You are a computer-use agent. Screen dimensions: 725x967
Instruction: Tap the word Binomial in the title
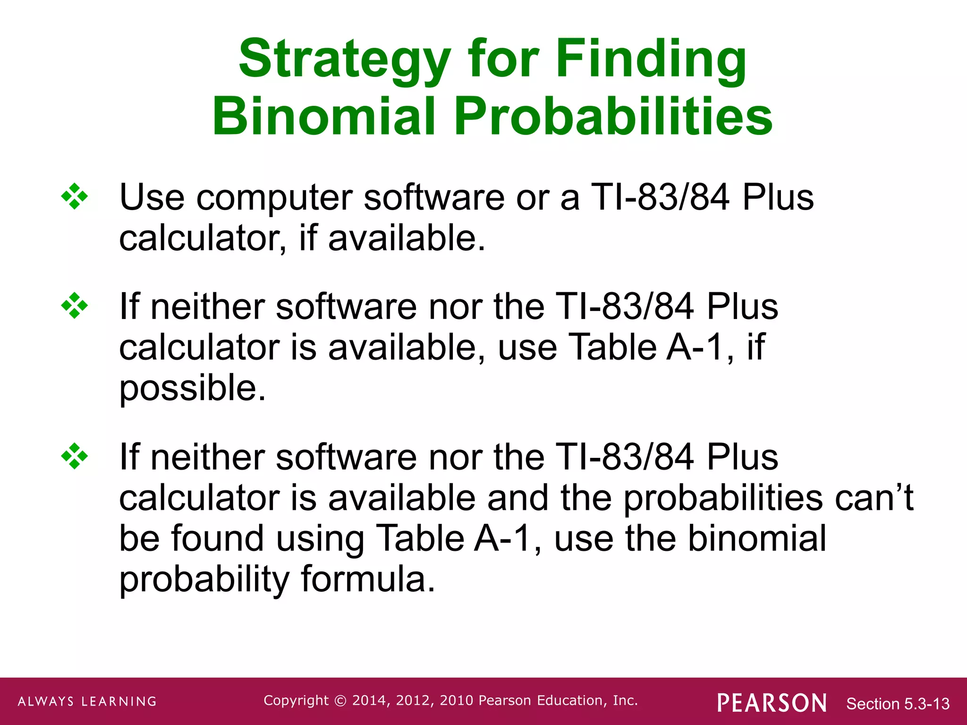click(323, 117)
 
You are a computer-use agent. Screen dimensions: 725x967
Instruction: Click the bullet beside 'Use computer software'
click(75, 196)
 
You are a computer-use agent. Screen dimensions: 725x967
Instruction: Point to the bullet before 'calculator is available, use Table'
click(75, 306)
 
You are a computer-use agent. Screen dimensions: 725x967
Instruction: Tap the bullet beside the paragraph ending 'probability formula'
click(75, 456)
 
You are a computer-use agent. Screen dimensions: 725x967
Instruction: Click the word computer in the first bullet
click(274, 197)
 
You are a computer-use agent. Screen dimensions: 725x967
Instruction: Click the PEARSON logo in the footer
click(772, 703)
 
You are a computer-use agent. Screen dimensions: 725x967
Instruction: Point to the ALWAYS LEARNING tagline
click(87, 701)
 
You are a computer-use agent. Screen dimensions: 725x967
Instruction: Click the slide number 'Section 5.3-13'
click(898, 704)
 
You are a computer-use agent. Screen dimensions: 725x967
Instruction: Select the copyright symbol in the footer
click(340, 701)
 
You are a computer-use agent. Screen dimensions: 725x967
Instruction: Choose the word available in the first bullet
click(406, 238)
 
